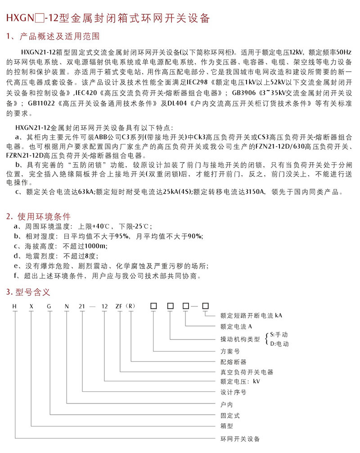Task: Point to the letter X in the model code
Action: [31, 306]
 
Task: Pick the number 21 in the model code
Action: [82, 306]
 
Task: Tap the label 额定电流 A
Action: [235, 326]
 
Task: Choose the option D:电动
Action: [280, 344]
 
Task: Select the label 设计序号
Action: [233, 392]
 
